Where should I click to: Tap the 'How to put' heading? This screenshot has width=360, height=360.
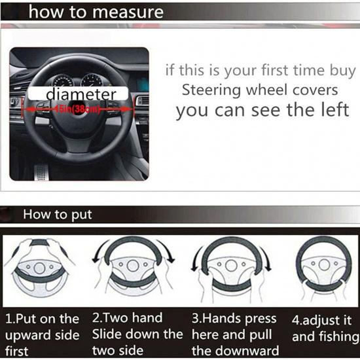[x=58, y=215]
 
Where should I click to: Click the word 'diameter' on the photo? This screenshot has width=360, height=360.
[x=81, y=94]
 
